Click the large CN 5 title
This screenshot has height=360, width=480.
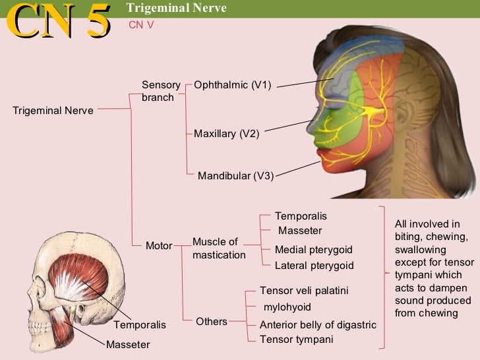[x=58, y=21]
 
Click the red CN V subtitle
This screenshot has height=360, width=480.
[x=140, y=24]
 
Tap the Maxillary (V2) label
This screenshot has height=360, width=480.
[x=227, y=133]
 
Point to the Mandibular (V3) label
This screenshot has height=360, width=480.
[x=235, y=176]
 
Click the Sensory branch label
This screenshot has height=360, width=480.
[x=161, y=91]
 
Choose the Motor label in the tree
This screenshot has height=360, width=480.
[x=159, y=246]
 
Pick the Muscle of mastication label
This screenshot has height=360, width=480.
[x=218, y=248]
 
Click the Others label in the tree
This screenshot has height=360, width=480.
[x=212, y=322]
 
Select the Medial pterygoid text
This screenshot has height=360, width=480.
[x=314, y=250]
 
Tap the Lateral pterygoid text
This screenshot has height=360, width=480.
[x=315, y=266]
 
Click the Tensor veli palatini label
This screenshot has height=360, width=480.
[x=304, y=291]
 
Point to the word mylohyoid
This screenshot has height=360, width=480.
[x=287, y=307]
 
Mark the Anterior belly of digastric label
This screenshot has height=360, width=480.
[x=318, y=325]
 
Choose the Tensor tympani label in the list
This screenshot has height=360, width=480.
[x=297, y=340]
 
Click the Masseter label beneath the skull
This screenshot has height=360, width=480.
[x=128, y=345]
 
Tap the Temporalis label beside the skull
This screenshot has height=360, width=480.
[x=140, y=326]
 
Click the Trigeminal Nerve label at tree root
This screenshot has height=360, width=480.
[x=53, y=110]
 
